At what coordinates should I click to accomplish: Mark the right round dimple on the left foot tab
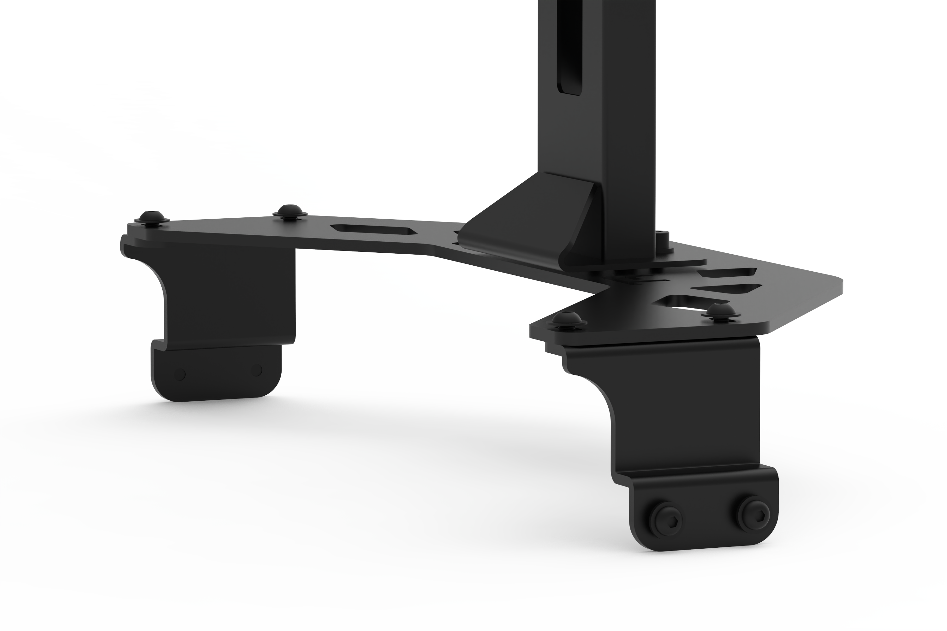[256, 370]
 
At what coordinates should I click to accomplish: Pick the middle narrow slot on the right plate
[726, 289]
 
